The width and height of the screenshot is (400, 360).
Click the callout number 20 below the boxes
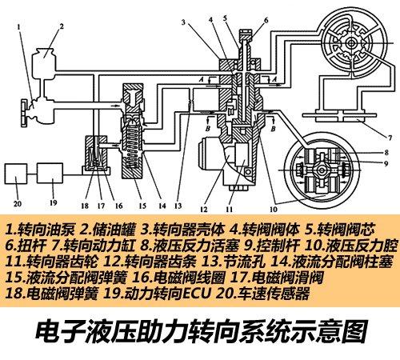[18, 204]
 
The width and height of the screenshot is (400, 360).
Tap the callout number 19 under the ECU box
[54, 202]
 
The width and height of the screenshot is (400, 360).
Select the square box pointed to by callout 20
[16, 174]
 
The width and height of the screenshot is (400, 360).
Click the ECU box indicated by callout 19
[50, 173]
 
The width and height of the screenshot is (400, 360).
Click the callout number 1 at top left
[18, 26]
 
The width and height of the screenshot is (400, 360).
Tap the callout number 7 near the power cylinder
[390, 138]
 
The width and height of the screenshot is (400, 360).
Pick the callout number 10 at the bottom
[274, 210]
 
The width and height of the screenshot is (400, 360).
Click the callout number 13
[178, 206]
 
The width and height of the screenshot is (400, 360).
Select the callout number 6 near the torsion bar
[266, 21]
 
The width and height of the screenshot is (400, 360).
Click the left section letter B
[208, 128]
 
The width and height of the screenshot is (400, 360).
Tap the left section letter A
[202, 79]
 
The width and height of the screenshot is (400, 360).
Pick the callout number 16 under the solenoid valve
[118, 206]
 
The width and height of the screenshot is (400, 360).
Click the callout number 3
[183, 22]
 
